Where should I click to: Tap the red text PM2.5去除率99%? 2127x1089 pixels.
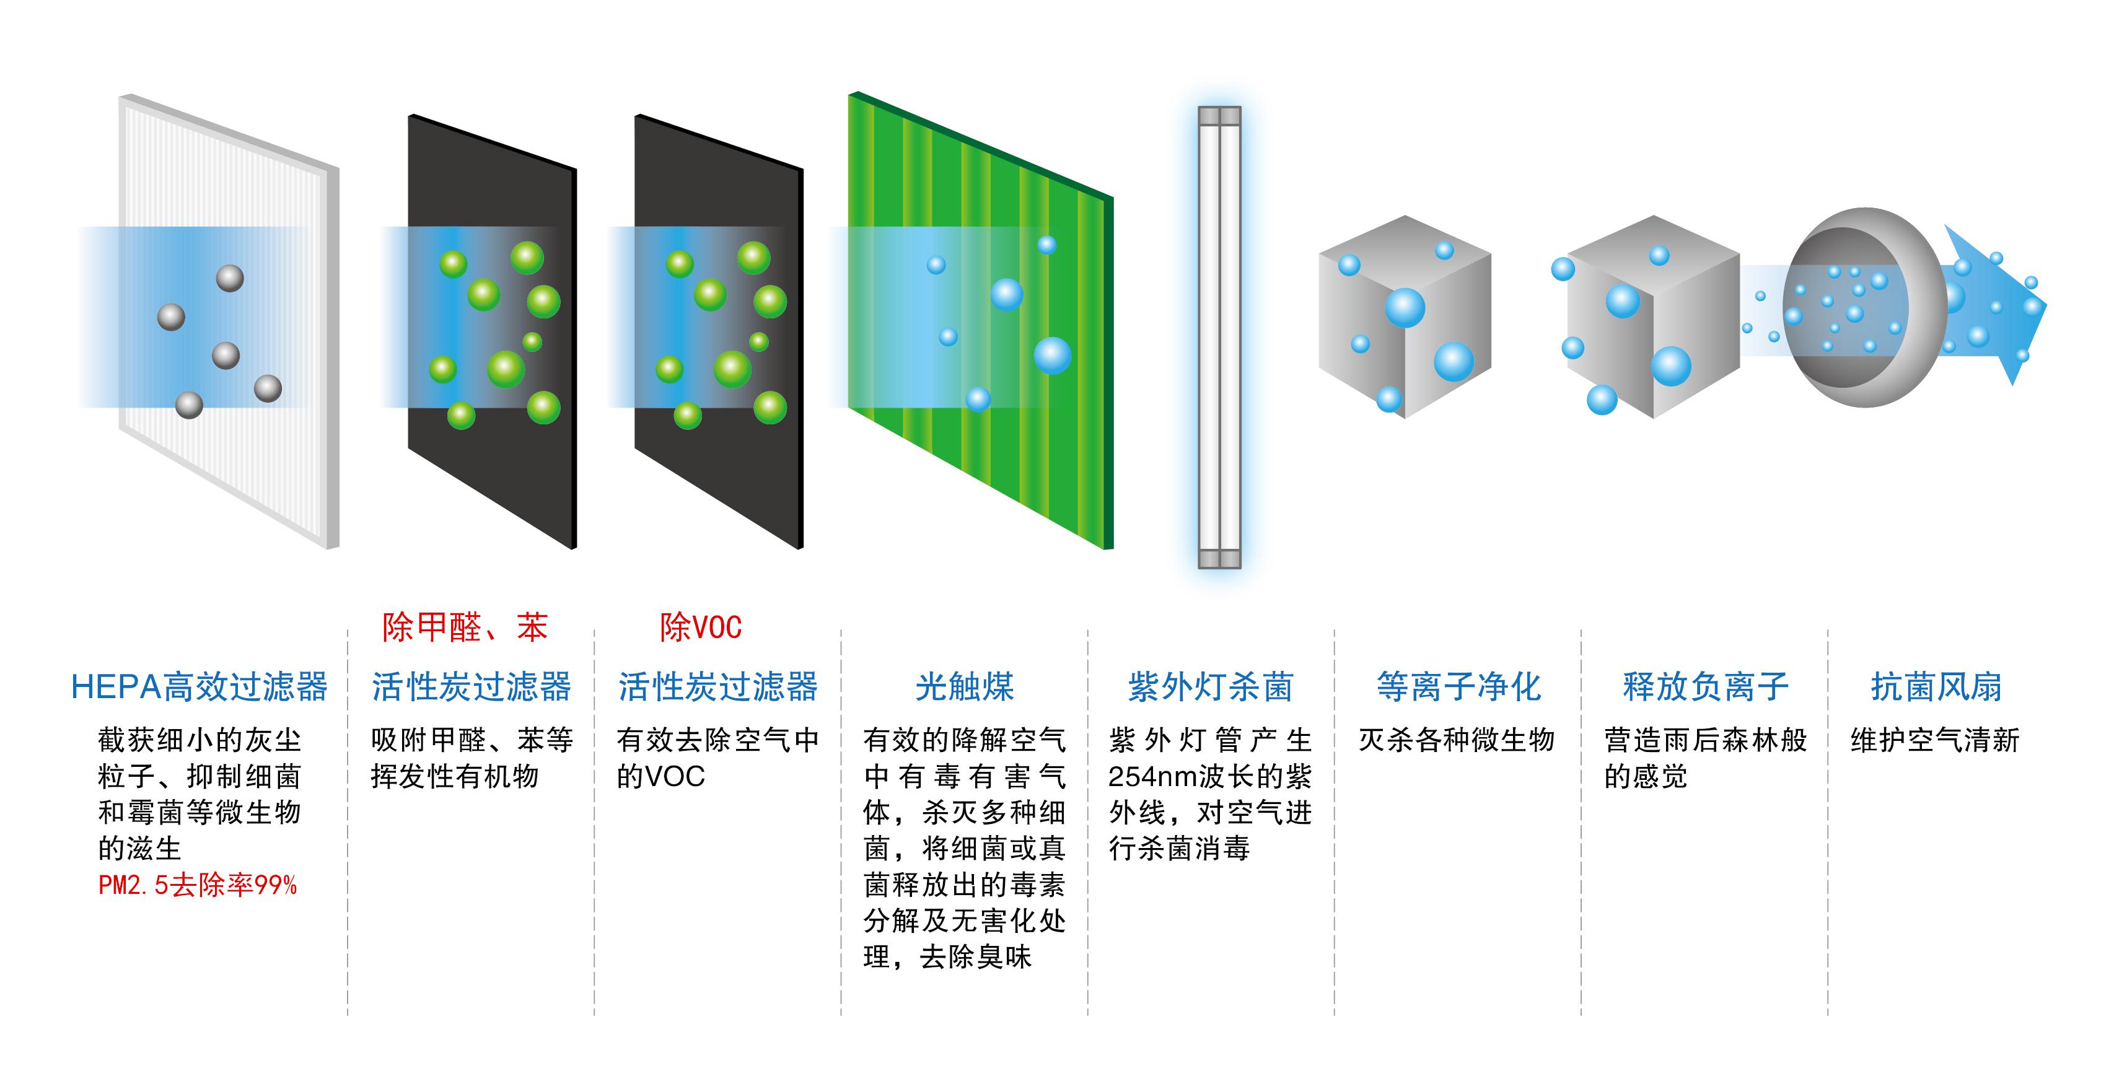pos(198,886)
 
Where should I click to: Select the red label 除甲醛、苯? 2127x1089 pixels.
pos(465,628)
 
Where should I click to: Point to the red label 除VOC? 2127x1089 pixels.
pos(700,628)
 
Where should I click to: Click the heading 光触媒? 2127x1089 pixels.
pos(965,687)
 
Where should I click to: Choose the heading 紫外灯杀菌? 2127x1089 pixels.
pos(1211,687)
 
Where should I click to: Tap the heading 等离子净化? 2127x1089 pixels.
pos(1458,687)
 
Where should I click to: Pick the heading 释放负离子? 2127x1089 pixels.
pos(1705,687)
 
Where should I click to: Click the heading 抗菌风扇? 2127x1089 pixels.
pos(1936,687)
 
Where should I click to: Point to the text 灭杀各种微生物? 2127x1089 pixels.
pos(1457,740)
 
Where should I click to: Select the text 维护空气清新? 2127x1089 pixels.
pos(1934,740)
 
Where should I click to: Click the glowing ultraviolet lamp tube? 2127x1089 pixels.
pos(1219,338)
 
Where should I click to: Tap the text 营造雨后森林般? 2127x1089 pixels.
pos(1705,740)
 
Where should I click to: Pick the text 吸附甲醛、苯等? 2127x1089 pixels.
pos(471,740)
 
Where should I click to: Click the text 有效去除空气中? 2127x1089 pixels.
pos(717,740)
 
